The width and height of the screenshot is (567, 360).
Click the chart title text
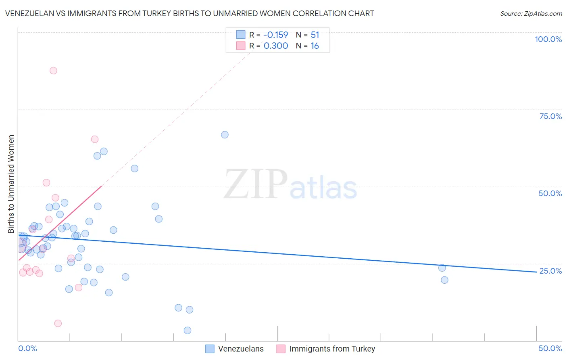coord(190,13)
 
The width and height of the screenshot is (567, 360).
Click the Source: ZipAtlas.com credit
coord(531,13)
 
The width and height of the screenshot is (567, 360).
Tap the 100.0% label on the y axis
coord(548,39)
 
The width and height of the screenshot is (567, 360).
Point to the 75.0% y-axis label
coord(550,116)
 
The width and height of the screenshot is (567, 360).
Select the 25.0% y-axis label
coord(550,271)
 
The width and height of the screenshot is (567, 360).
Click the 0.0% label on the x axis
coord(27,348)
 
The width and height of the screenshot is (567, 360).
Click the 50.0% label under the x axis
coord(550,348)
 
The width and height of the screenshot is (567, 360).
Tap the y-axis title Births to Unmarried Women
coord(11,184)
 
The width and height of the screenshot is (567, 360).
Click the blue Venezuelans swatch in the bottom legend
coord(210,349)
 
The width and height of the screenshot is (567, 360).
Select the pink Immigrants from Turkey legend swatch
coord(281,349)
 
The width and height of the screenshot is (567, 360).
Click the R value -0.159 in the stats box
coord(276,35)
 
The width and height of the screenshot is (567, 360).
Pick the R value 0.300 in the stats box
coord(276,46)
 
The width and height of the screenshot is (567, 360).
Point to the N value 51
coord(315,35)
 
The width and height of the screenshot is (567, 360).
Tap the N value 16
coord(315,46)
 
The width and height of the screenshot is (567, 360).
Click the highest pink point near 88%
coord(53,71)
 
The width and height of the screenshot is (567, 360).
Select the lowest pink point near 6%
coord(58,323)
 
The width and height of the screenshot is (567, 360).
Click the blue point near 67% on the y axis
coord(225,135)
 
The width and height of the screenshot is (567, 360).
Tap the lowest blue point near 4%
coord(188,331)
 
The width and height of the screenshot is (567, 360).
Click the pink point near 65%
coord(95,139)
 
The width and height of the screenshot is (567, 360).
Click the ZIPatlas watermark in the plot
coord(290,185)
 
